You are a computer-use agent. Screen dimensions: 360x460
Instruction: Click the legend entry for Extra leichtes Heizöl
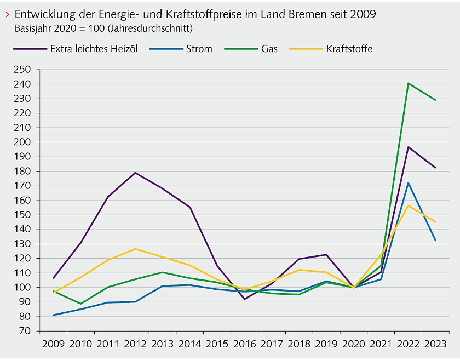click(94, 49)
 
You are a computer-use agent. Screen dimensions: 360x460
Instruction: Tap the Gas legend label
click(269, 49)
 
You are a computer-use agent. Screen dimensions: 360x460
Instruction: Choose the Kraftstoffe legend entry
click(349, 49)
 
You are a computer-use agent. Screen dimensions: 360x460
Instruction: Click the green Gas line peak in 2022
click(408, 83)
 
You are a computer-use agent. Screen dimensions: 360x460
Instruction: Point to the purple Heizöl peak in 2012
click(135, 173)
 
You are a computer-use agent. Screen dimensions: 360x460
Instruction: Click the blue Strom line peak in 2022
click(408, 183)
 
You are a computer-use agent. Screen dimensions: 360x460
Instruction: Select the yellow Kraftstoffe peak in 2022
click(408, 205)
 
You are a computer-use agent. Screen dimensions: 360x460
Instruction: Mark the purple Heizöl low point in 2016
click(244, 299)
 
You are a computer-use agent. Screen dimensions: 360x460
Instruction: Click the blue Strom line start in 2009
click(53, 315)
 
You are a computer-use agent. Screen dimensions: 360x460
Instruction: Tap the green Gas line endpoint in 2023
click(435, 100)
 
